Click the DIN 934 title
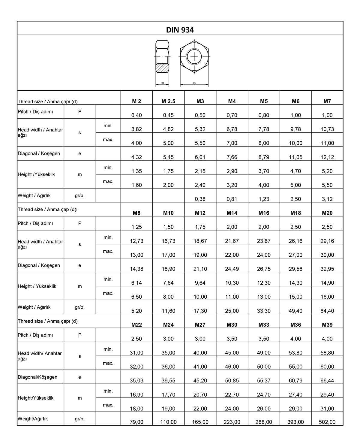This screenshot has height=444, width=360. click(180, 30)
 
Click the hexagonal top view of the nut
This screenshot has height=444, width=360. click(194, 56)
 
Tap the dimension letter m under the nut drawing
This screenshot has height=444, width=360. click(162, 83)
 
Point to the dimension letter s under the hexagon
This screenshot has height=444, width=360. click(194, 83)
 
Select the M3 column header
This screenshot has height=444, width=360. click(200, 101)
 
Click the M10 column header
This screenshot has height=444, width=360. click(168, 213)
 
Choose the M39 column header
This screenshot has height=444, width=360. click(327, 325)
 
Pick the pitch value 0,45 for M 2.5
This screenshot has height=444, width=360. click(168, 115)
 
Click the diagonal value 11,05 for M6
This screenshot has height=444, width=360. click(295, 157)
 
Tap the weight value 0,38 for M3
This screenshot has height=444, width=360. click(200, 199)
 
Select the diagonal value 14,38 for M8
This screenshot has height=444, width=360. click(136, 269)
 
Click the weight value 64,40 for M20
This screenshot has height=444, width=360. click(327, 311)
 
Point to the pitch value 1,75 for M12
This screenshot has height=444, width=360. click(200, 227)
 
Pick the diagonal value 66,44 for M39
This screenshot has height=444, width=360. click(327, 380)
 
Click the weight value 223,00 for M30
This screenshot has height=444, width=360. click(232, 422)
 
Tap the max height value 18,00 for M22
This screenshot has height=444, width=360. click(136, 408)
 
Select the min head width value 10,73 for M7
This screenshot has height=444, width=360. click(327, 129)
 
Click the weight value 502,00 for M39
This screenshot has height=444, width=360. click(327, 422)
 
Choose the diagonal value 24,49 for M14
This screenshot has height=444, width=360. click(232, 269)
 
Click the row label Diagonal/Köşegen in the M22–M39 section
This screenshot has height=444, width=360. click(37, 377)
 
